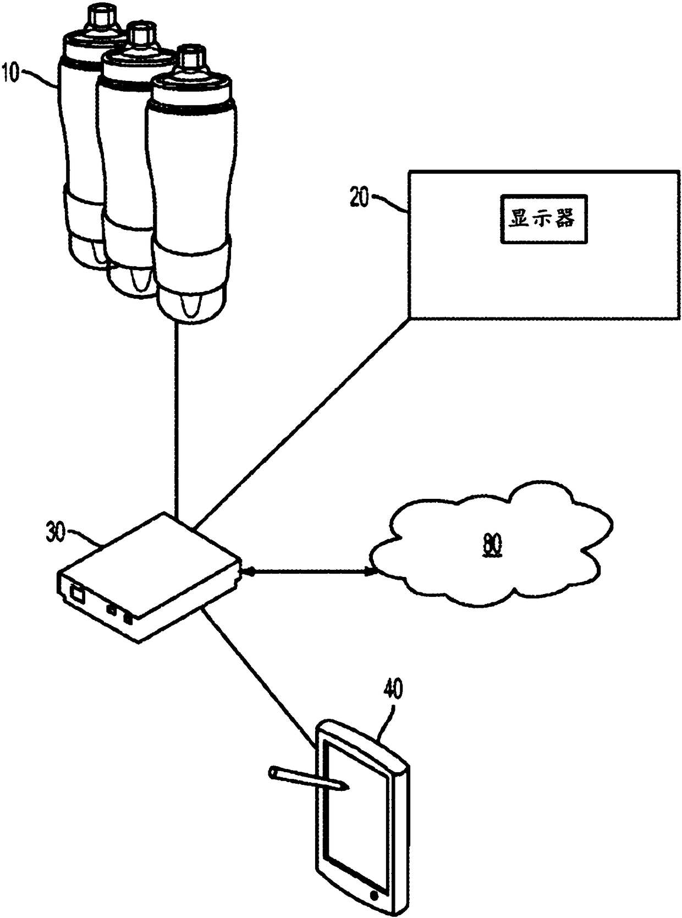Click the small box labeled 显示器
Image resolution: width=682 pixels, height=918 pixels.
[543, 219]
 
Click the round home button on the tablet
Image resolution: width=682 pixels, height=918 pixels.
[375, 894]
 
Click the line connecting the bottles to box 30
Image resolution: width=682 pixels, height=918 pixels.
[177, 418]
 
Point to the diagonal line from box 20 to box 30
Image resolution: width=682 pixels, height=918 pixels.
[302, 424]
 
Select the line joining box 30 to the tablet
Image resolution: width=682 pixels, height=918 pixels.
[258, 677]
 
